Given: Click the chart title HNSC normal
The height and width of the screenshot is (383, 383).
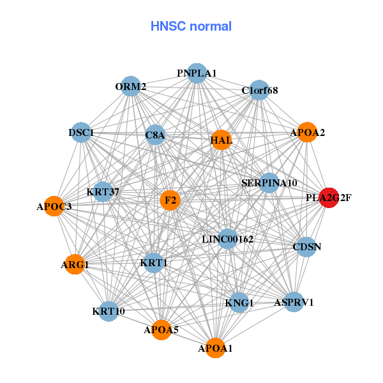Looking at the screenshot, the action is pyautogui.click(x=191, y=26).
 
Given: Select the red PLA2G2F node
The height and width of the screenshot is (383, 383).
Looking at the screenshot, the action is pyautogui.click(x=329, y=198).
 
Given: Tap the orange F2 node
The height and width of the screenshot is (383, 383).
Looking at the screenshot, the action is pyautogui.click(x=170, y=200).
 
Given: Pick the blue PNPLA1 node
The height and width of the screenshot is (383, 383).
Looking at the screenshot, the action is pyautogui.click(x=197, y=73).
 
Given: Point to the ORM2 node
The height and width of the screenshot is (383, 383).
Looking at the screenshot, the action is pyautogui.click(x=130, y=87).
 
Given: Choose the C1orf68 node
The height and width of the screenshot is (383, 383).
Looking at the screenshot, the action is pyautogui.click(x=259, y=90).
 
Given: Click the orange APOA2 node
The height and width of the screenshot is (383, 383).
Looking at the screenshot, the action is pyautogui.click(x=307, y=133).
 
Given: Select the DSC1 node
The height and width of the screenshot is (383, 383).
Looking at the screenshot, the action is pyautogui.click(x=81, y=133).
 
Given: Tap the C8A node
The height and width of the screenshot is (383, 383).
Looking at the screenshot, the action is pyautogui.click(x=155, y=135).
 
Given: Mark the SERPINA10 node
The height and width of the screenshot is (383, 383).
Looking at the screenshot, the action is pyautogui.click(x=269, y=183).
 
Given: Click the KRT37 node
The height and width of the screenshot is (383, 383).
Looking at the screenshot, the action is pyautogui.click(x=103, y=191).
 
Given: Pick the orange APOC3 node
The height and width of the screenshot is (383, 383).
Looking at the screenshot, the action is pyautogui.click(x=54, y=206).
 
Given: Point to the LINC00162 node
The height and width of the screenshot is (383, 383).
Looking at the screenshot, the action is pyautogui.click(x=229, y=239).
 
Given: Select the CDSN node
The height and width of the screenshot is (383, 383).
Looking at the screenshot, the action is pyautogui.click(x=306, y=246).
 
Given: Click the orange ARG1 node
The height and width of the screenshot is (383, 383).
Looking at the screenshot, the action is pyautogui.click(x=75, y=264).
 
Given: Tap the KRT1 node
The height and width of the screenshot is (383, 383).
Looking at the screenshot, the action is pyautogui.click(x=153, y=262).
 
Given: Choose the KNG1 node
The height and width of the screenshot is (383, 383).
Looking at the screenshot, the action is pyautogui.click(x=239, y=303).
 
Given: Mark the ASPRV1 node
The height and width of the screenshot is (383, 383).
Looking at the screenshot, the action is pyautogui.click(x=294, y=302).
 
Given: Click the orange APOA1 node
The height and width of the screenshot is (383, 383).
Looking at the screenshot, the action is pyautogui.click(x=215, y=348).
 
